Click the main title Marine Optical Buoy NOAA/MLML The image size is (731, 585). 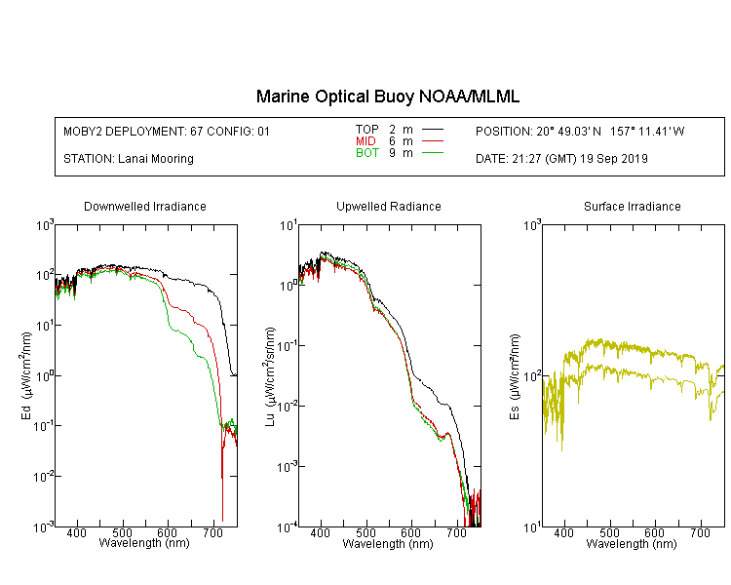pyautogui.click(x=387, y=97)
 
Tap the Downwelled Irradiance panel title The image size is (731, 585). pyautogui.click(x=145, y=206)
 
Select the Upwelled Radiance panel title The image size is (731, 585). pyautogui.click(x=389, y=206)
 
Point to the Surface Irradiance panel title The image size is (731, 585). pyautogui.click(x=633, y=206)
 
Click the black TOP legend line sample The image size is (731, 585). pyautogui.click(x=433, y=130)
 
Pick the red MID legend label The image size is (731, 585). pyautogui.click(x=365, y=140)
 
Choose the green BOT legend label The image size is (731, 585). pyautogui.click(x=367, y=153)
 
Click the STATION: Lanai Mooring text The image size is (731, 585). pyautogui.click(x=129, y=159)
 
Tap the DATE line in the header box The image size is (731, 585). pyautogui.click(x=561, y=159)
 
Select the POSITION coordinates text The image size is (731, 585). pyautogui.click(x=580, y=131)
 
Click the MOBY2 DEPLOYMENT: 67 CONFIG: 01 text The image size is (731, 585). pyautogui.click(x=167, y=131)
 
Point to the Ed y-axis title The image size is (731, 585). pyautogui.click(x=26, y=375)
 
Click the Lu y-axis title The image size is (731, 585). pyautogui.click(x=270, y=376)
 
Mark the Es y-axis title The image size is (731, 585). pyautogui.click(x=515, y=376)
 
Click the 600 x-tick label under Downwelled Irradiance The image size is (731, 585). pyautogui.click(x=168, y=532)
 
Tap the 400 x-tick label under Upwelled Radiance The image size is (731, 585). pyautogui.click(x=321, y=532)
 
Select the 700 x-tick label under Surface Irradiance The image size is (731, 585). pyautogui.click(x=700, y=532)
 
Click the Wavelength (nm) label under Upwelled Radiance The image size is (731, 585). pyautogui.click(x=388, y=544)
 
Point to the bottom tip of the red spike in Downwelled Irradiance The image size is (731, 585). pyautogui.click(x=222, y=521)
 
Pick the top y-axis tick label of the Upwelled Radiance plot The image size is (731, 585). pyautogui.click(x=289, y=226)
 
